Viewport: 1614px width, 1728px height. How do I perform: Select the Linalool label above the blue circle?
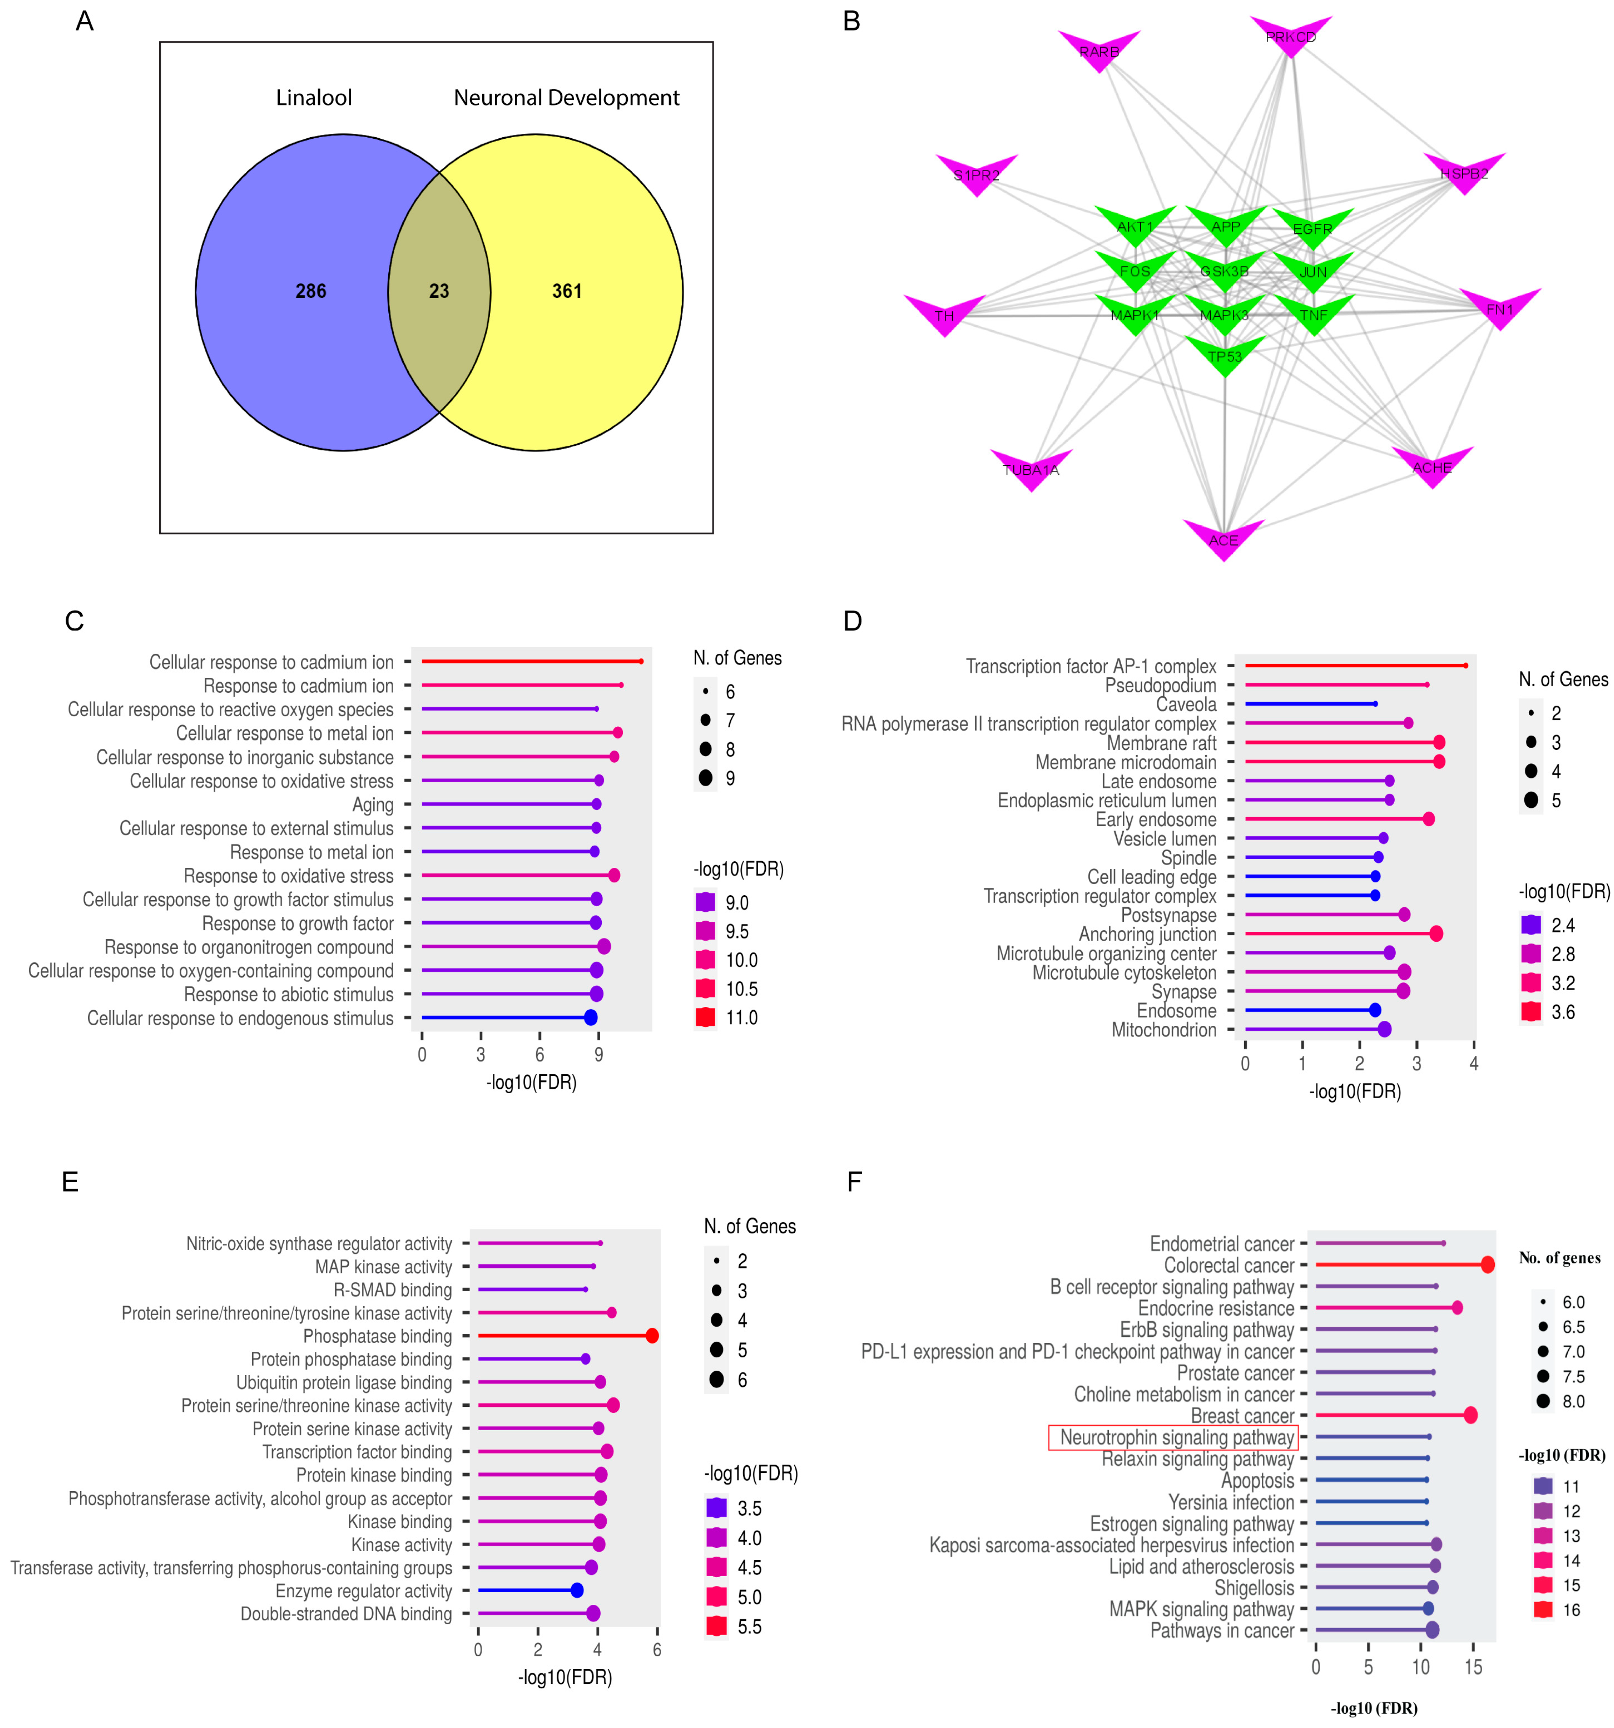coord(314,97)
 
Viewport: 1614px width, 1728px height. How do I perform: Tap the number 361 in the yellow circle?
coord(567,291)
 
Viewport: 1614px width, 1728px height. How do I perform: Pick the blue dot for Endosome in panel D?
coord(1374,1010)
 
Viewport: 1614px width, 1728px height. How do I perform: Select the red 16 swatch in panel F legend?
coord(1543,1610)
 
